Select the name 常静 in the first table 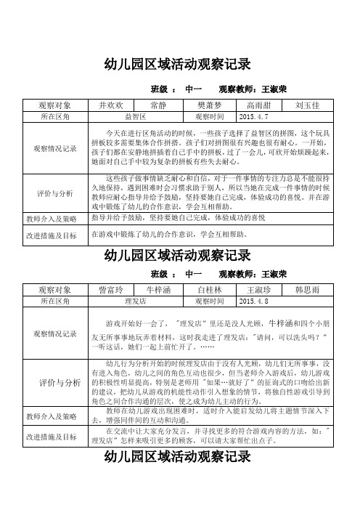coord(160,105)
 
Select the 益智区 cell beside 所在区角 coord(136,116)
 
